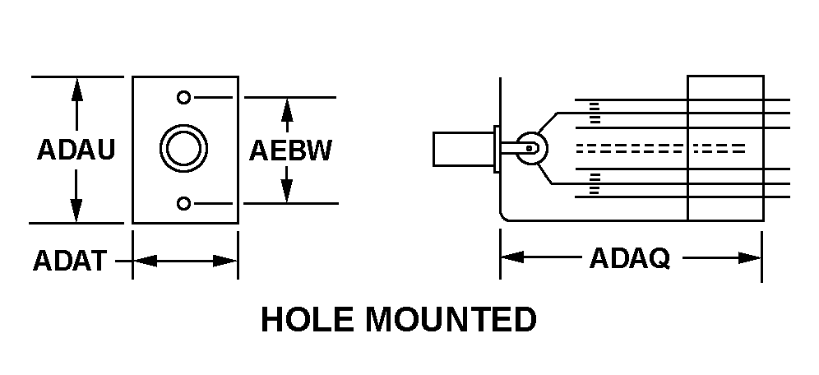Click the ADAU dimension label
(x=76, y=150)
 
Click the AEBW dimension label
(x=290, y=150)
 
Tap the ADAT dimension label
(x=69, y=261)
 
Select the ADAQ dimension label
(x=629, y=258)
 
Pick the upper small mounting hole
(x=183, y=97)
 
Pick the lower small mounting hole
(x=183, y=203)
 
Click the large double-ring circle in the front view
(x=183, y=150)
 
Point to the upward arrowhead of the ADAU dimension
(x=76, y=87)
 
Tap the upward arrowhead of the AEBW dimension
(x=286, y=107)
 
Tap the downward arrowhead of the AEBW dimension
(x=286, y=193)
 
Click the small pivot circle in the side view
(x=532, y=149)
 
